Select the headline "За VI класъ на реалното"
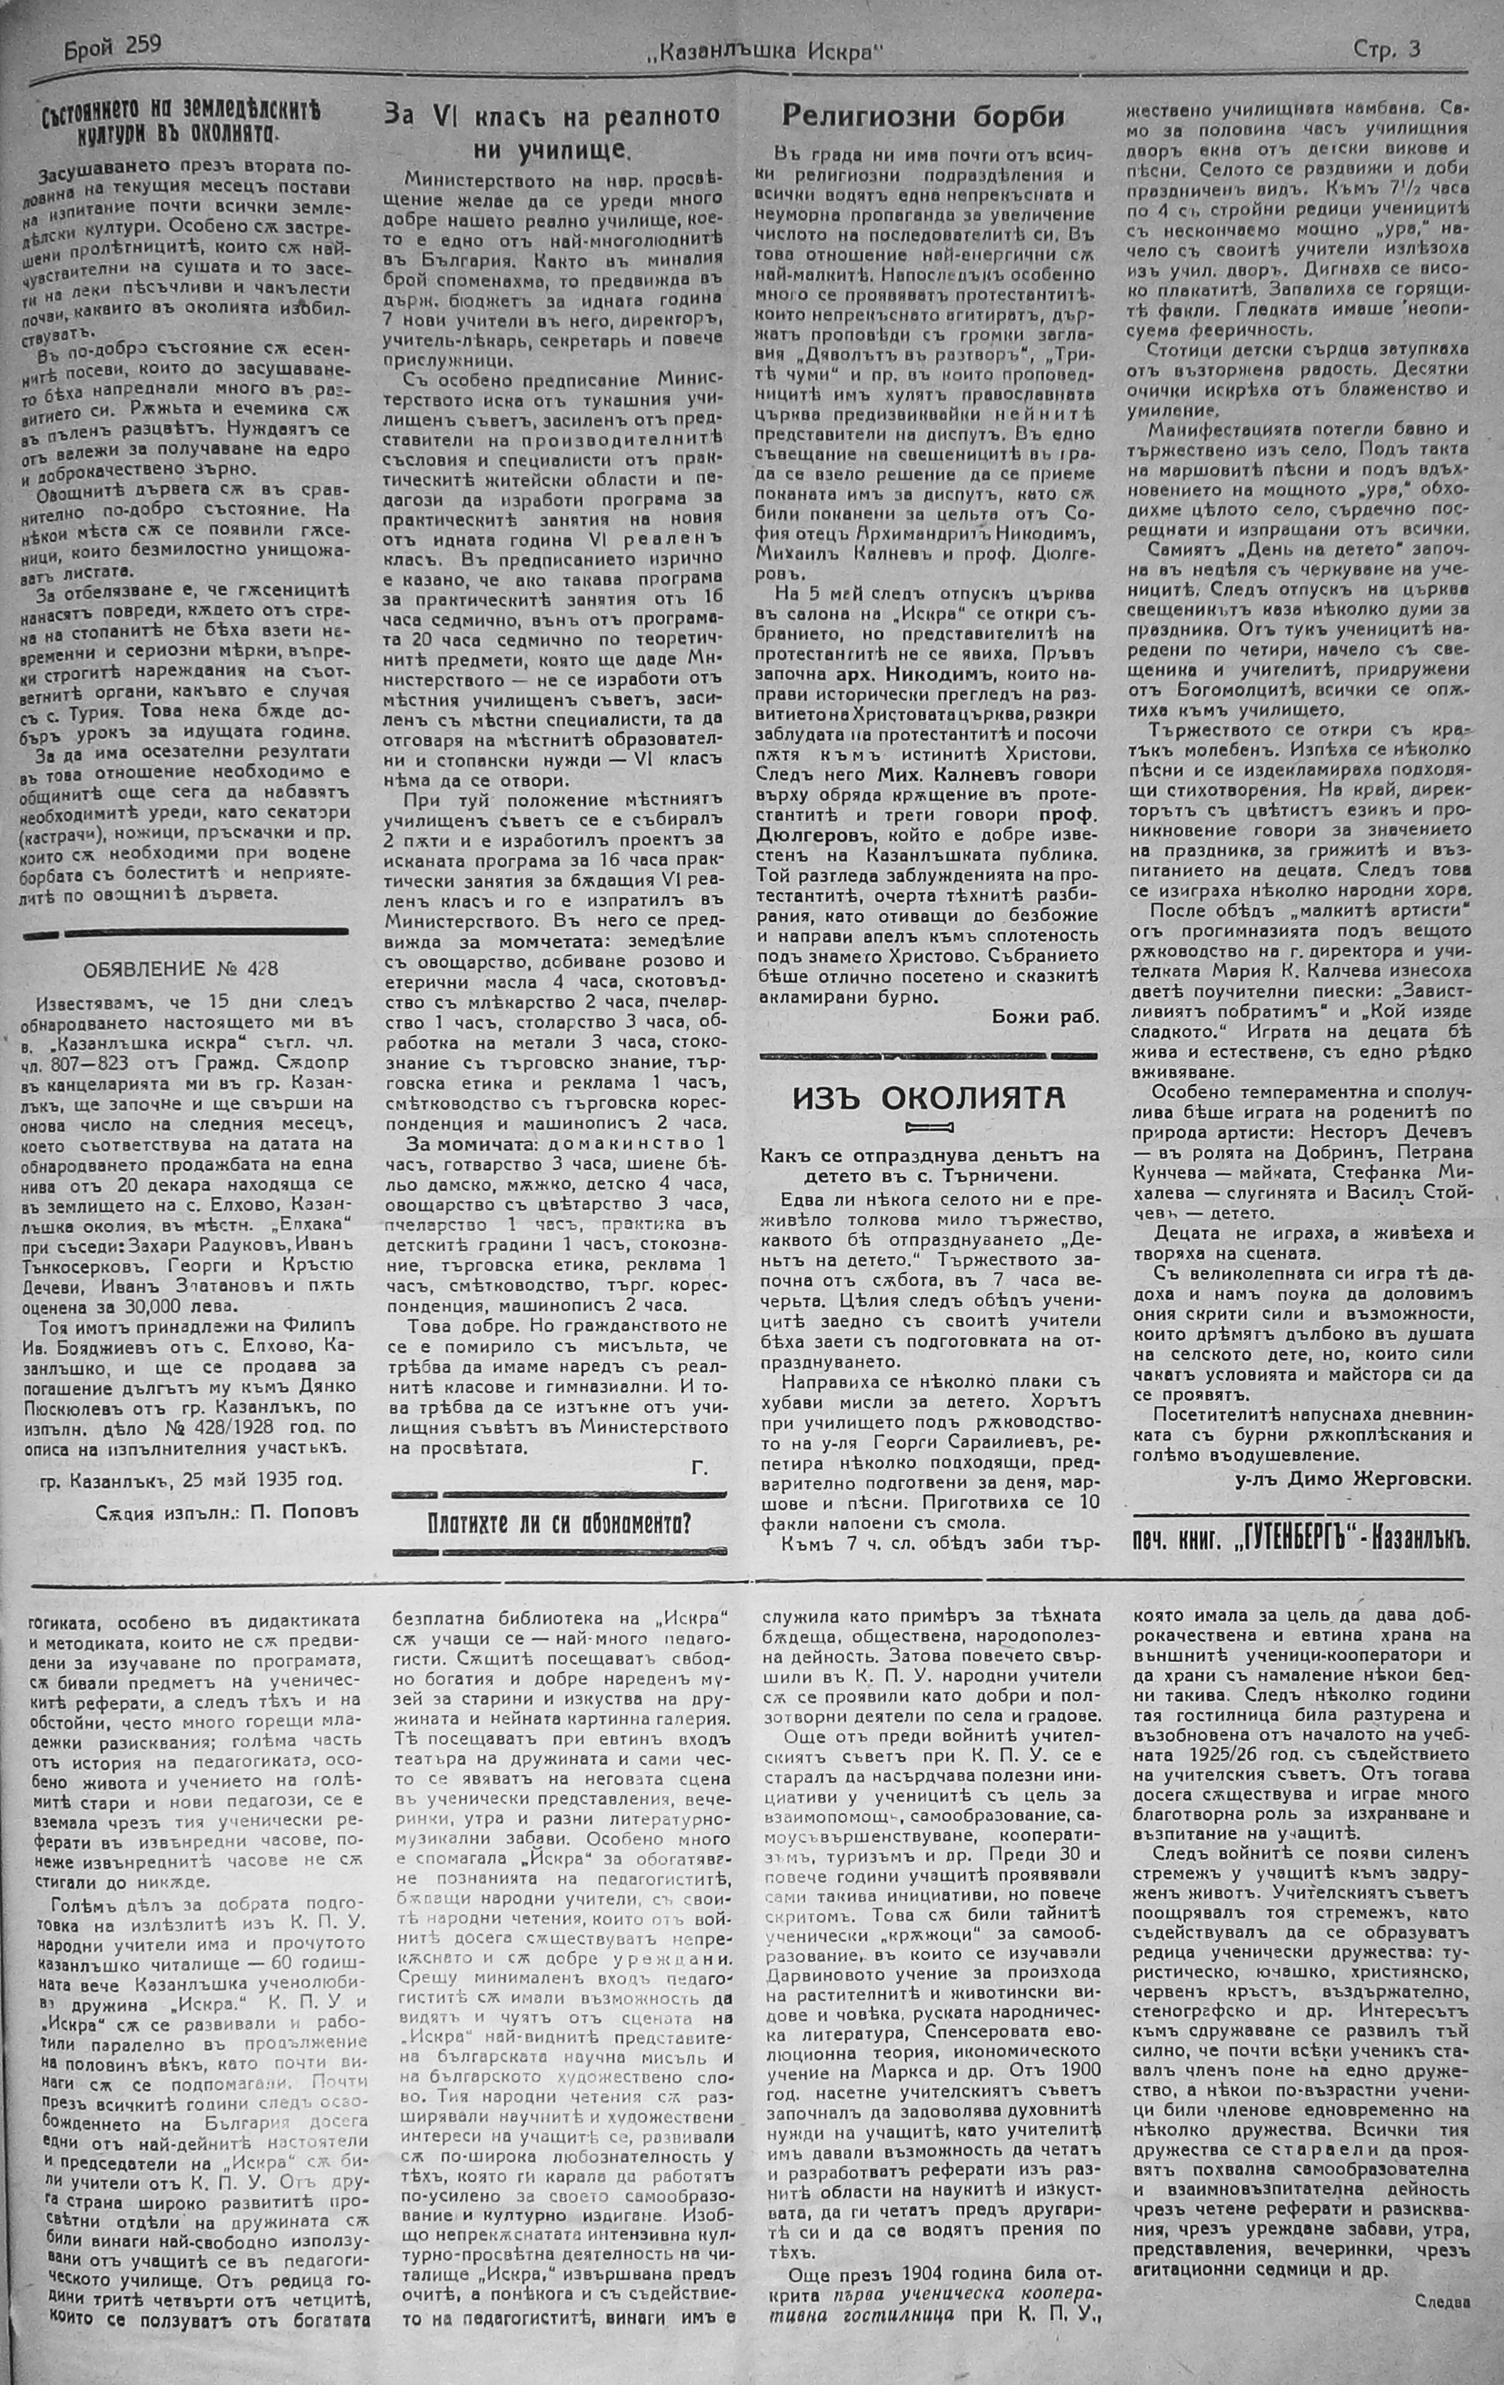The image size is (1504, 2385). tap(551, 116)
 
